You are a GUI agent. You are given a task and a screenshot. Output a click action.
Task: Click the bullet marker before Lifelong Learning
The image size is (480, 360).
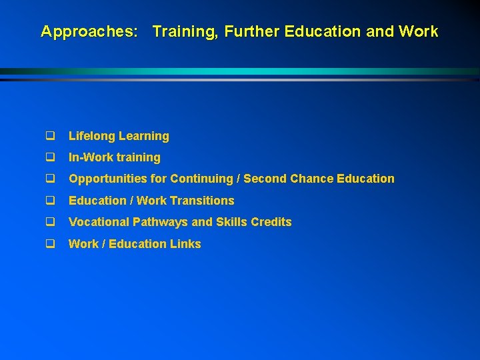tap(49, 136)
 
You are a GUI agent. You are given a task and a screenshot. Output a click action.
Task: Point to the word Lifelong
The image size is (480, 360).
tap(91, 136)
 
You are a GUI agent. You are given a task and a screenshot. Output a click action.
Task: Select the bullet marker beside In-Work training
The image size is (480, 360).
tap(49, 157)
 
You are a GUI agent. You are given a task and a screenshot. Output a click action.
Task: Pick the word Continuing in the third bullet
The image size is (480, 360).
tap(203, 179)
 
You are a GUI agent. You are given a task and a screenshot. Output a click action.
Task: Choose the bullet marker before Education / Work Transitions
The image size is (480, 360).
tap(49, 201)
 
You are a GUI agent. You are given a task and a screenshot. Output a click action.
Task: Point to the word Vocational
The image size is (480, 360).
tap(99, 222)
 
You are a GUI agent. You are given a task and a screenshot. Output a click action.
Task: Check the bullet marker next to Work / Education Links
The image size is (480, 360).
tap(49, 244)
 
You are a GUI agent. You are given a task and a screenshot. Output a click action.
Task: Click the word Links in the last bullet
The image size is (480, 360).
tap(186, 244)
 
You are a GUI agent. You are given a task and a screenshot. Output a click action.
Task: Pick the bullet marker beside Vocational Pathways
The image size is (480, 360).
tap(49, 222)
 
